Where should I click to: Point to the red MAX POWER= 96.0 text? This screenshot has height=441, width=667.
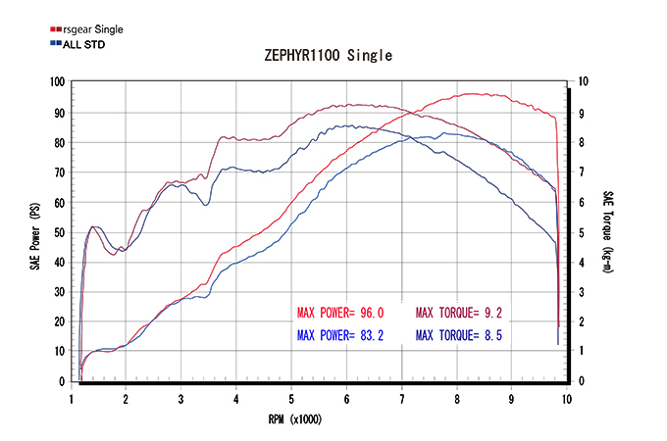pyautogui.click(x=340, y=313)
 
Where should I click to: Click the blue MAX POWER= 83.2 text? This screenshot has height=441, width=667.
pyautogui.click(x=340, y=335)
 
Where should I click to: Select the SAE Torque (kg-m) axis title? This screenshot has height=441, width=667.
pyautogui.click(x=608, y=231)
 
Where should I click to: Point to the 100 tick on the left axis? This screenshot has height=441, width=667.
pyautogui.click(x=57, y=82)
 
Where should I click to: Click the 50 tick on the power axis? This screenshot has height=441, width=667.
pyautogui.click(x=60, y=232)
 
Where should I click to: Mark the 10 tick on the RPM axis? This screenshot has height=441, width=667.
pyautogui.click(x=567, y=398)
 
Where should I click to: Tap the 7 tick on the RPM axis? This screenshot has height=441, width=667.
pyautogui.click(x=402, y=398)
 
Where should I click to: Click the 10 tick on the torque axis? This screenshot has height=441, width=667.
pyautogui.click(x=586, y=82)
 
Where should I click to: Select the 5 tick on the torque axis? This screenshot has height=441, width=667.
pyautogui.click(x=583, y=232)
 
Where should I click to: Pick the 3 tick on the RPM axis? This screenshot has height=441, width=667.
pyautogui.click(x=181, y=398)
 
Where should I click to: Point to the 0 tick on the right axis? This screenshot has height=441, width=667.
pyautogui.click(x=583, y=381)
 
